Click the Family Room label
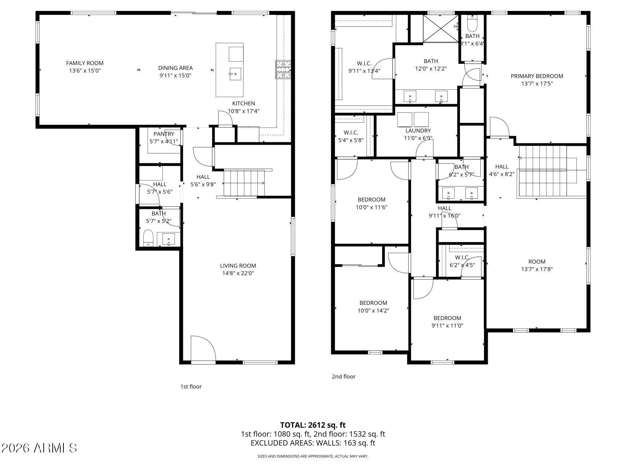(x=85, y=63)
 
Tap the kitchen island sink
(x=235, y=74)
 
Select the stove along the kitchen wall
(x=283, y=69)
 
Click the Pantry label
(x=164, y=134)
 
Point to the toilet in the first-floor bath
(x=148, y=238)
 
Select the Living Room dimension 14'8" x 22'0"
(x=238, y=273)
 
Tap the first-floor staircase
(x=244, y=183)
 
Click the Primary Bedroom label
(x=537, y=76)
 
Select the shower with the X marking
(x=440, y=28)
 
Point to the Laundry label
(x=418, y=131)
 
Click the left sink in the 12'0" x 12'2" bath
(x=410, y=97)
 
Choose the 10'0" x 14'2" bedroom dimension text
(x=373, y=311)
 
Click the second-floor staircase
(x=546, y=171)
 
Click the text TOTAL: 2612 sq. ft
(x=313, y=425)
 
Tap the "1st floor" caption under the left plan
(x=191, y=387)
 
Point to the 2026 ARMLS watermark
(x=39, y=448)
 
